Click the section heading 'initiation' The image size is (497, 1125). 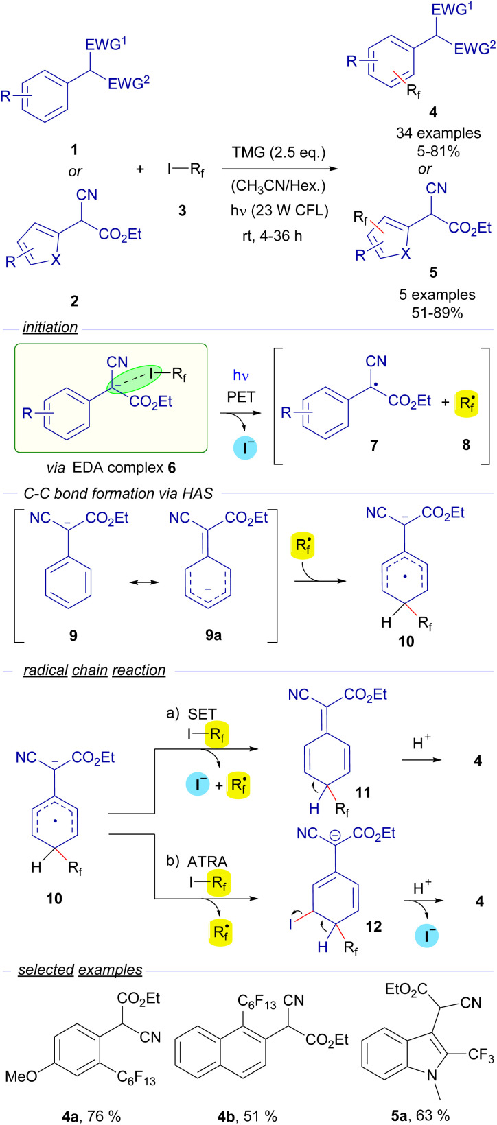point(50,328)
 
